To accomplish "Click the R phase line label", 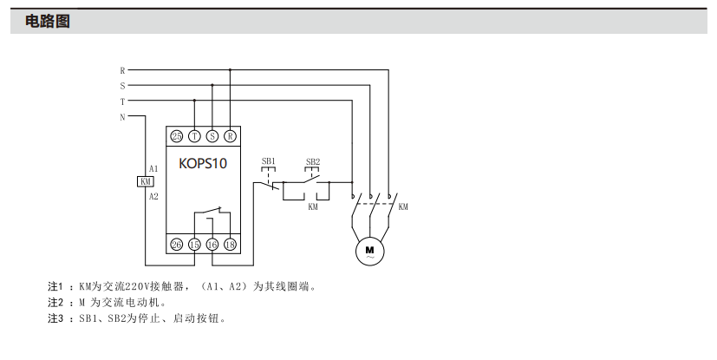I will (x=122, y=69).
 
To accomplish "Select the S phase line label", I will (x=122, y=85).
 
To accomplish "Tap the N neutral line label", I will (x=122, y=116).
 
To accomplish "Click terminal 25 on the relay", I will (x=176, y=136).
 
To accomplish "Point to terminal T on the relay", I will (x=194, y=136).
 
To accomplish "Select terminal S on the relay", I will (x=212, y=136).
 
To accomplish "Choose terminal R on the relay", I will (x=230, y=136).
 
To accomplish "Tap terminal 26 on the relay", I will (x=176, y=245).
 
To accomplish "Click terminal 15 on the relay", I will (x=194, y=245).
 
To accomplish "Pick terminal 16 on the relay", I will (x=212, y=245).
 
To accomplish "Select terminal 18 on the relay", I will (x=230, y=245).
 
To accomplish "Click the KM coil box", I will (x=146, y=181).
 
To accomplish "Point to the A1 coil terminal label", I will (x=153, y=167).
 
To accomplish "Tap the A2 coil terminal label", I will (x=153, y=196).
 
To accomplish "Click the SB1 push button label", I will (x=268, y=161).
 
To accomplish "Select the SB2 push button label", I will (x=313, y=161).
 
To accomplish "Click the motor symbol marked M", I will (x=369, y=251).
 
